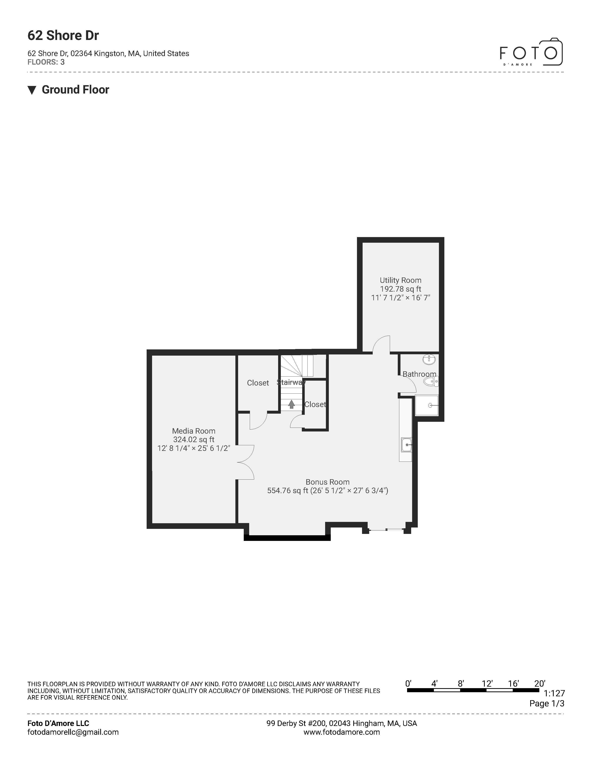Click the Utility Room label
point(400,280)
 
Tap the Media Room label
point(194,431)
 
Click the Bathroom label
point(419,374)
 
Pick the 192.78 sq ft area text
point(400,289)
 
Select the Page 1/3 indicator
point(547,703)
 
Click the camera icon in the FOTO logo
point(551,52)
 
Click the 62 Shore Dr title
point(63,36)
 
